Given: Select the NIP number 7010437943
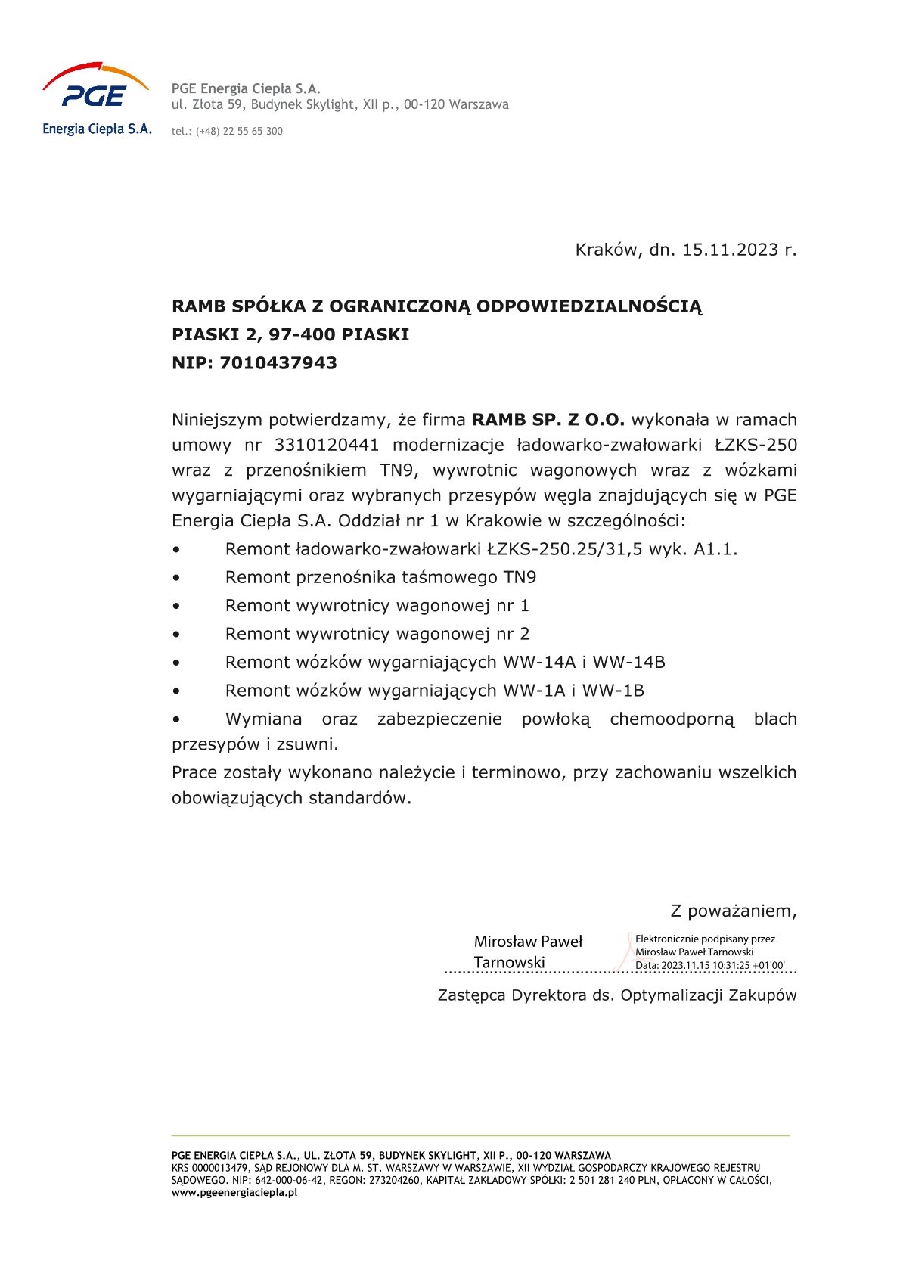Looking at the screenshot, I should (x=278, y=363).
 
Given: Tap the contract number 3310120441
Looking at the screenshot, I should (x=327, y=445).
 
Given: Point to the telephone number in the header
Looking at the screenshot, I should (x=239, y=132).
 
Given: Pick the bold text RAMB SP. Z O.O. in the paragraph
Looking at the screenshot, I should (x=548, y=420).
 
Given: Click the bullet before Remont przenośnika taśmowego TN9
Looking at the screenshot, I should (x=176, y=578).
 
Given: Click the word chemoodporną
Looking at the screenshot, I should (x=672, y=719).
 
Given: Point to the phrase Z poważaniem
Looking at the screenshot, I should (x=733, y=911).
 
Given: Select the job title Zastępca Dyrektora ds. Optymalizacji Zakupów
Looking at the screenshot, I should (x=617, y=995).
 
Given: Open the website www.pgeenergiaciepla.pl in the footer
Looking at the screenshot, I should (x=234, y=1192).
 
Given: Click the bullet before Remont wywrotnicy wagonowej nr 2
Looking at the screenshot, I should (x=176, y=635).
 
